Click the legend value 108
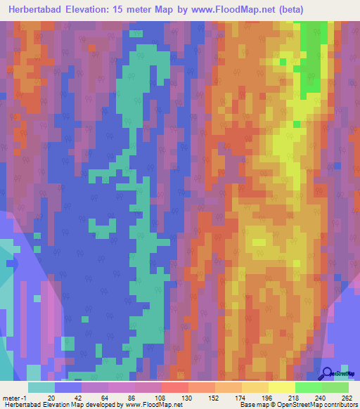[161, 397]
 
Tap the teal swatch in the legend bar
[41, 387]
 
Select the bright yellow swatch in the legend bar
[281, 387]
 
